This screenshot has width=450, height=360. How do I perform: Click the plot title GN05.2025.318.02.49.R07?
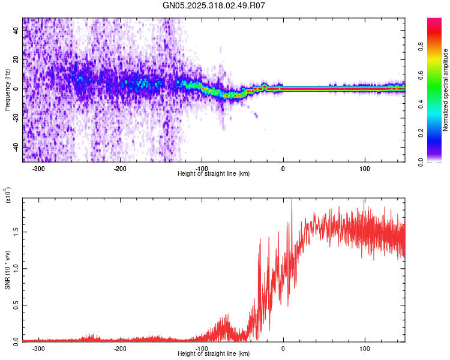(x=214, y=5)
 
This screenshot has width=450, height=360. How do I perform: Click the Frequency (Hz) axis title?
(x=7, y=90)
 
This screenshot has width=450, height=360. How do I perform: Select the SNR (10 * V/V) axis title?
(x=7, y=269)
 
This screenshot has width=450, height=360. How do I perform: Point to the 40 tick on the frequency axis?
(x=16, y=31)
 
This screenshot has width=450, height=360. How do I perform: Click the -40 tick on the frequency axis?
(x=16, y=147)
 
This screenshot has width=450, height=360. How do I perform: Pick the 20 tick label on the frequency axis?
(x=16, y=60)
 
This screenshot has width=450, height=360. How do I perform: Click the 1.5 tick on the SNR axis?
(x=16, y=230)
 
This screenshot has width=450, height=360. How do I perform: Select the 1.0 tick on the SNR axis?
(x=16, y=268)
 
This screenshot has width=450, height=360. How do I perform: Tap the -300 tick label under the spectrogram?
(x=39, y=169)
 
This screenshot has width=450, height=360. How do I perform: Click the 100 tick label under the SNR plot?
(x=365, y=349)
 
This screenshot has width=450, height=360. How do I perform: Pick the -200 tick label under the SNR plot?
(x=120, y=349)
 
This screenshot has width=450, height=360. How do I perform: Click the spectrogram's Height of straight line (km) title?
(x=214, y=174)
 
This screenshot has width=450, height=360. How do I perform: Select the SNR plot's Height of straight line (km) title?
(x=214, y=354)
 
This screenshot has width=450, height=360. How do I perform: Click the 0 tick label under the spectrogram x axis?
(x=283, y=169)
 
